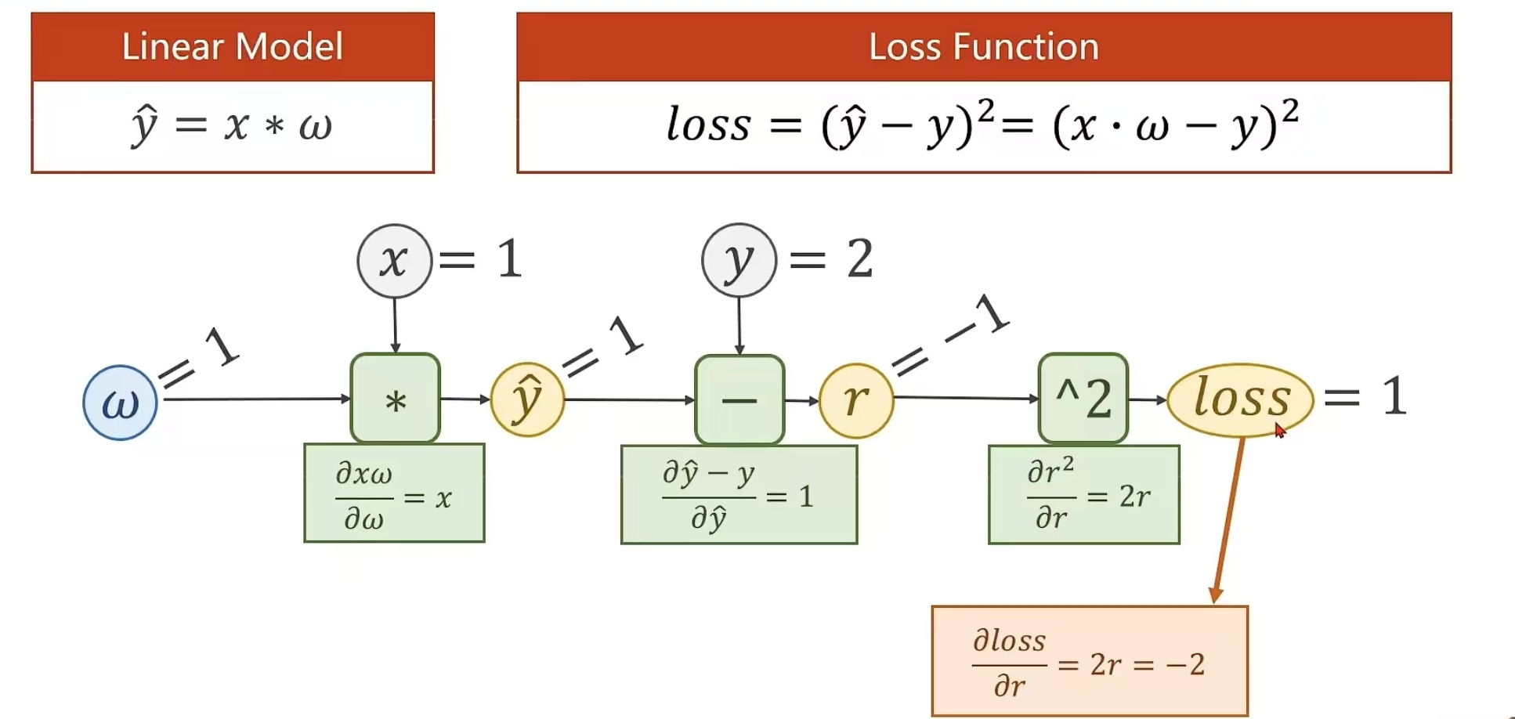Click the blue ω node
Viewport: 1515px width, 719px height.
click(120, 403)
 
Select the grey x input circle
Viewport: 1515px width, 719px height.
click(394, 261)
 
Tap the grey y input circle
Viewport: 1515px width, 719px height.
click(739, 261)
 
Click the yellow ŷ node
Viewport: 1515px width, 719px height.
click(527, 399)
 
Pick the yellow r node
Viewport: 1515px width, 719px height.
click(856, 400)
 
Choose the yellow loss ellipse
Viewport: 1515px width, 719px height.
click(1240, 399)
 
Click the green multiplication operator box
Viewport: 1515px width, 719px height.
click(395, 399)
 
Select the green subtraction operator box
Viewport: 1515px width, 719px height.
click(739, 400)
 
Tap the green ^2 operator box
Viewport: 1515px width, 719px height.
click(1083, 399)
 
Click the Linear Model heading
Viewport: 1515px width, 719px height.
click(233, 47)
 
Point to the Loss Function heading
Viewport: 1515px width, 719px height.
click(983, 47)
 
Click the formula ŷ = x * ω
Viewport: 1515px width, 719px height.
click(233, 125)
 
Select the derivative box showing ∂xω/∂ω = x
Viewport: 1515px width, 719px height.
click(394, 493)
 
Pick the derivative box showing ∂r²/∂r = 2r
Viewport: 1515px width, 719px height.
click(1083, 495)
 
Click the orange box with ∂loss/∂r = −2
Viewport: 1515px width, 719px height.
click(1089, 661)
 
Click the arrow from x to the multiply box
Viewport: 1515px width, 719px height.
click(395, 325)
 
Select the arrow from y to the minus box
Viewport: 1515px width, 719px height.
click(739, 326)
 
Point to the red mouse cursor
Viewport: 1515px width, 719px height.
click(1280, 430)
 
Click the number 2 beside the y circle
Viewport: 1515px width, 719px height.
click(859, 259)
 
